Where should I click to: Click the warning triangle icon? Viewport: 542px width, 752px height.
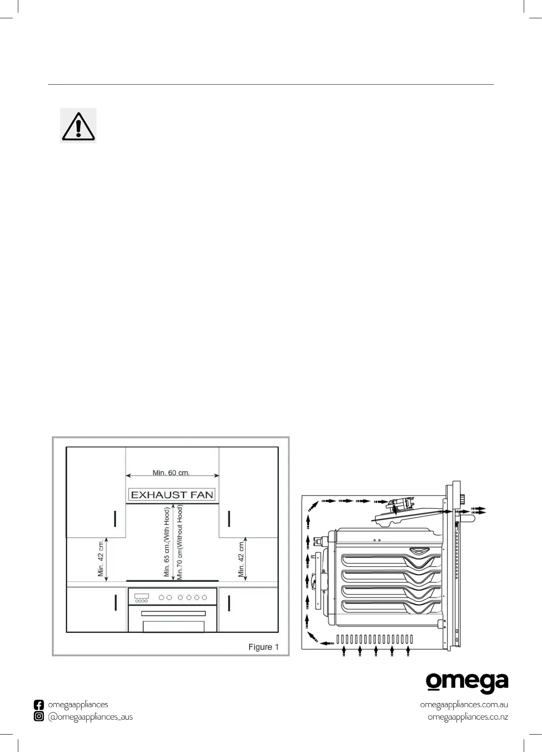[x=78, y=125]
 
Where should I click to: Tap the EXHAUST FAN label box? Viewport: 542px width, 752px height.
[x=172, y=495]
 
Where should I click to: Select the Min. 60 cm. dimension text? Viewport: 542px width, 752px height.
[x=171, y=473]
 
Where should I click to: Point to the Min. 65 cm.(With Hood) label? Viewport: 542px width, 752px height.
[x=167, y=541]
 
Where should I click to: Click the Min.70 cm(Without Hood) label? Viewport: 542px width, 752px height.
[x=180, y=542]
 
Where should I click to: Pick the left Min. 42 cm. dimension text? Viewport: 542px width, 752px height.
[x=101, y=558]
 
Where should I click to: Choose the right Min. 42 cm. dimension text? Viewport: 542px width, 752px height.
[x=241, y=558]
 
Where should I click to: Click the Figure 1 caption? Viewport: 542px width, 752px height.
[x=264, y=647]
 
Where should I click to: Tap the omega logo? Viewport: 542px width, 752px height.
[x=467, y=683]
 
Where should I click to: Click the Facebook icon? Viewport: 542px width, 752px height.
[x=39, y=705]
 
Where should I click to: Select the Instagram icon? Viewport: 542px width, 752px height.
[x=39, y=717]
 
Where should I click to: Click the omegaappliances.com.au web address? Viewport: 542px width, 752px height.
[x=464, y=704]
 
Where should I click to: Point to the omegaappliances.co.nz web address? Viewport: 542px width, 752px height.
[x=468, y=717]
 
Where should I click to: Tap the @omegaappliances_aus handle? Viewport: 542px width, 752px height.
[x=90, y=717]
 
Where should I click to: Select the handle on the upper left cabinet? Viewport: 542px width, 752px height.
[x=115, y=518]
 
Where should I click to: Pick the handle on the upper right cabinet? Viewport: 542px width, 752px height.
[x=229, y=518]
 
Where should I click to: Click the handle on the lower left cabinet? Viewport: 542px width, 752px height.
[x=115, y=603]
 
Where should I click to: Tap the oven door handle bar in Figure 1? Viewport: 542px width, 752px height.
[x=173, y=613]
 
